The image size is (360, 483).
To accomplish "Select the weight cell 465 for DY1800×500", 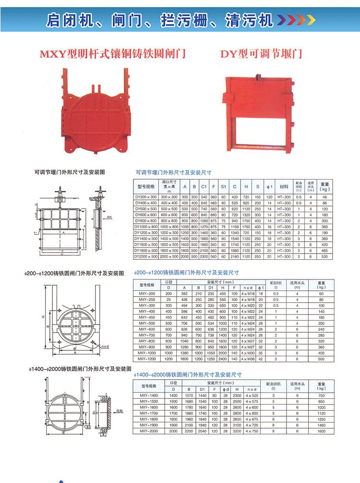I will [x=324, y=251].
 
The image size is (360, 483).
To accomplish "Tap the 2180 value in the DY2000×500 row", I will [x=235, y=257].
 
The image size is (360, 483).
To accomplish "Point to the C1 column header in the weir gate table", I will [x=204, y=186].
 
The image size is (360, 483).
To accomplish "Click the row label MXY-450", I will [x=146, y=317].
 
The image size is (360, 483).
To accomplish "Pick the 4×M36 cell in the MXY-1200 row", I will [x=248, y=359].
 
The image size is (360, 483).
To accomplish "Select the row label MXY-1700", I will [x=148, y=413].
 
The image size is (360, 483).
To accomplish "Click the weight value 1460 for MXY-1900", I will [x=321, y=425].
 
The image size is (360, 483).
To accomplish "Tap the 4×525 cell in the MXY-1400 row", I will [x=251, y=395].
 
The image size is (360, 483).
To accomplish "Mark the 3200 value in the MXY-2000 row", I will [x=235, y=431].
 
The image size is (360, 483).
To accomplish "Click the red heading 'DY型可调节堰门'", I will [x=261, y=54].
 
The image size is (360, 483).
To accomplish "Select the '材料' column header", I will [x=284, y=186].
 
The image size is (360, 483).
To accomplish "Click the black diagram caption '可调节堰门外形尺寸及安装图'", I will [x=70, y=171].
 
